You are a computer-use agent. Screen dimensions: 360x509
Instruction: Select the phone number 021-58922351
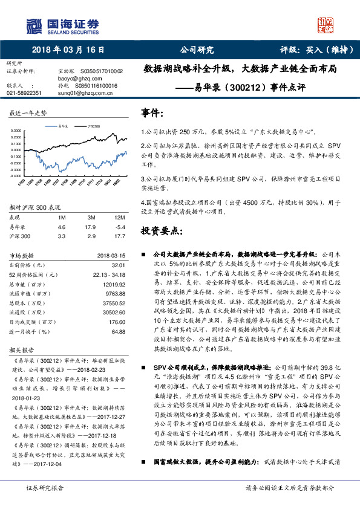point(24,93)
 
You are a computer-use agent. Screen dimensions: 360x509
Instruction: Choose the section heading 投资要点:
point(161,232)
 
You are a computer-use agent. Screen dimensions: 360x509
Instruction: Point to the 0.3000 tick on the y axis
point(18,131)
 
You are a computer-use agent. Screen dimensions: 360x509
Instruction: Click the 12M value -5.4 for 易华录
point(119,227)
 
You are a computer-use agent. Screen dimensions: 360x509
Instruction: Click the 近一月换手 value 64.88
point(118,332)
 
